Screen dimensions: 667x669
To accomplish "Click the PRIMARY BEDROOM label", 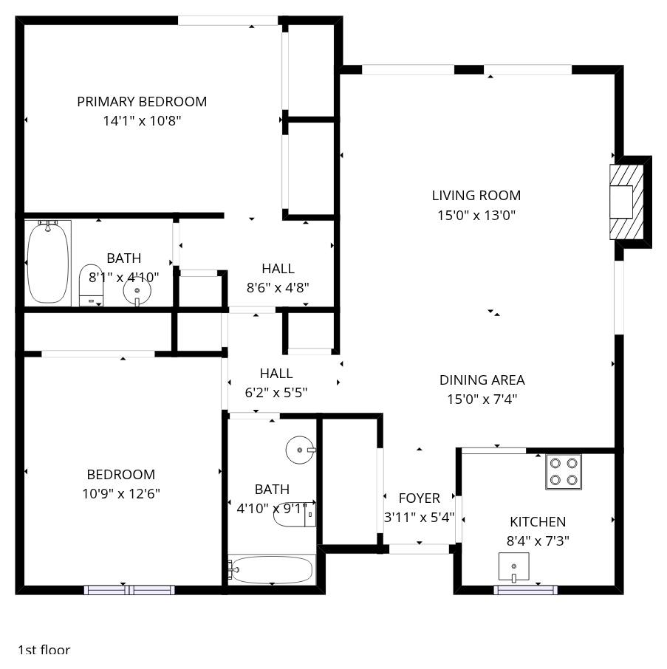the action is coord(142,102).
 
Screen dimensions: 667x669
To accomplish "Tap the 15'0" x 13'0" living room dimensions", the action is coord(476,215).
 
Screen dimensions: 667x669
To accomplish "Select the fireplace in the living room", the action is coord(626,202).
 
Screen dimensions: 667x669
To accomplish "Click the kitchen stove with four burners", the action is coord(564,471).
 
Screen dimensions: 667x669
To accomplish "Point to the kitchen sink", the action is coord(514,567).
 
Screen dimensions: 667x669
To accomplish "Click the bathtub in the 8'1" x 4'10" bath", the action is coord(48,263).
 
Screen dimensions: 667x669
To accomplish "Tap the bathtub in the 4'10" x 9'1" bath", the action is coord(272,569).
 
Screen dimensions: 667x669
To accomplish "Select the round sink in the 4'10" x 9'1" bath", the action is coord(301,450).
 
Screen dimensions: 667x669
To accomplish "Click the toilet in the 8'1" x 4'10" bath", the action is coord(91,285).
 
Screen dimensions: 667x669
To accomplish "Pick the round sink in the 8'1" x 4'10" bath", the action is coord(137,291).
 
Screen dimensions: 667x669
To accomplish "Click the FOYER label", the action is coord(419,498).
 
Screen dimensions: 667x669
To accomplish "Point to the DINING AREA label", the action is coord(482,380).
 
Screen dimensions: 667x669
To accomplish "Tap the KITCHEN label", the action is coord(538,521).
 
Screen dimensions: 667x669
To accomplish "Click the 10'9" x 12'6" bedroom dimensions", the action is coord(121,494).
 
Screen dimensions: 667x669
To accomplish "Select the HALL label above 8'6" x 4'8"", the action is coord(278,268).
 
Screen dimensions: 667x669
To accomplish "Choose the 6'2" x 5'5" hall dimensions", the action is coord(276,393).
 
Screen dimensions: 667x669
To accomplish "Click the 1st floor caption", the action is coord(44,650).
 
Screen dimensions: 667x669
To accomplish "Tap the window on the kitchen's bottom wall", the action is coord(526,590).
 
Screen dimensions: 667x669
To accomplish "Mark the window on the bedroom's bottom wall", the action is coord(129,590).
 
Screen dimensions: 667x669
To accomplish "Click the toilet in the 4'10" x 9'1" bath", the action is coord(295,514).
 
